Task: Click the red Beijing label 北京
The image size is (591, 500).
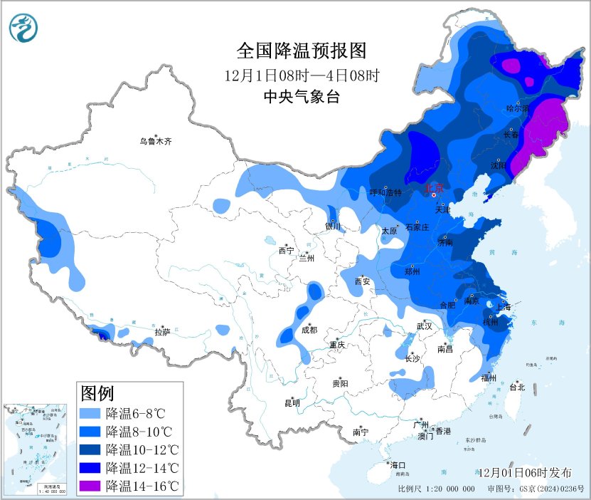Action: (434, 188)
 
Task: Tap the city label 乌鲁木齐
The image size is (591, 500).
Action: (156, 142)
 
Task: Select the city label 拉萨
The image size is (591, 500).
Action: (162, 332)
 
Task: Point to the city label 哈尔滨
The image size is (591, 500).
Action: (518, 108)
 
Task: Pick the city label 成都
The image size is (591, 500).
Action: (309, 330)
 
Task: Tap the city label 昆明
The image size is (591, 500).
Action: (292, 403)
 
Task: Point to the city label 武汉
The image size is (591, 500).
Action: (425, 325)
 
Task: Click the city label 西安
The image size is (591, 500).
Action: (363, 281)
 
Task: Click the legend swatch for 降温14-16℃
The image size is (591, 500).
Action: (91, 486)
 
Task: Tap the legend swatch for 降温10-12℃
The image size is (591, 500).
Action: (91, 450)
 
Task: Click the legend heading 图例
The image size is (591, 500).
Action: (97, 392)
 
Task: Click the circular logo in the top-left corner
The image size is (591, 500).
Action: (24, 27)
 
